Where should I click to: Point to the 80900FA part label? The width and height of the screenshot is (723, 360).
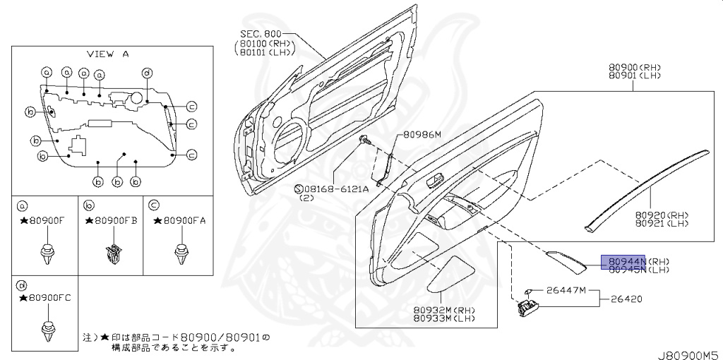coord(180,220)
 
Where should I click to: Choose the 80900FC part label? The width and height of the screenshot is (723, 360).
coord(48,299)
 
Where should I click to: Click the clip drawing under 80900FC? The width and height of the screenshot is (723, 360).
coord(48,330)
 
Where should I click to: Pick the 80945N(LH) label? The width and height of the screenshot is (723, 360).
coord(634,269)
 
